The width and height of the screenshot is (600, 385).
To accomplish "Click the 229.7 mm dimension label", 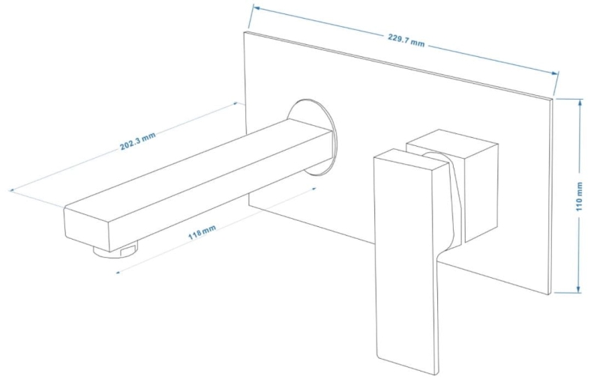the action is coord(406,40).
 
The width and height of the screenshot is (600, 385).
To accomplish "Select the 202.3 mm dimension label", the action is coord(138,141).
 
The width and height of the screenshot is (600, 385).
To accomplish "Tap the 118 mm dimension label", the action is coord(202,232).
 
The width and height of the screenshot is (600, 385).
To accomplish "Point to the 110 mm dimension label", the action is coord(579,196).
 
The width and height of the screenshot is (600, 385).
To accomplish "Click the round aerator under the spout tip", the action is coord(115,251).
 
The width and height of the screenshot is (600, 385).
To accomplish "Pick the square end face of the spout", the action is coord(86,228).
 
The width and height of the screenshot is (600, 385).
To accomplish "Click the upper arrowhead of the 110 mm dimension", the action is coord(580,103).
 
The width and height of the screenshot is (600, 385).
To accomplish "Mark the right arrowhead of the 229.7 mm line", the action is coord(554,73).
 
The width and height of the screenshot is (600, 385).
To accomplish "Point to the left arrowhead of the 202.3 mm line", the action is coord(13,190).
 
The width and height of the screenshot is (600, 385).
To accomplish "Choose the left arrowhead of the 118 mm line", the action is coord(118,272).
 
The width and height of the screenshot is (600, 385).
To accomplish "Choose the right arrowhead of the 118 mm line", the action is coord(313,188).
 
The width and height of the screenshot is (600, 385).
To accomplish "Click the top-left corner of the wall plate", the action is coord(244,31).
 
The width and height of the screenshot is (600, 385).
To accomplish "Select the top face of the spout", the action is coord(199,164).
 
